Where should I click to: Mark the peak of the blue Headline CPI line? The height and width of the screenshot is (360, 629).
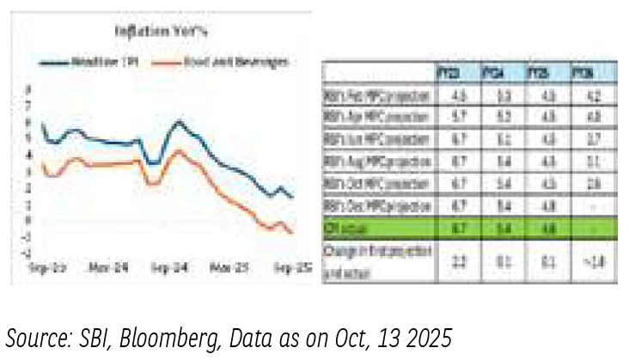178,122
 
